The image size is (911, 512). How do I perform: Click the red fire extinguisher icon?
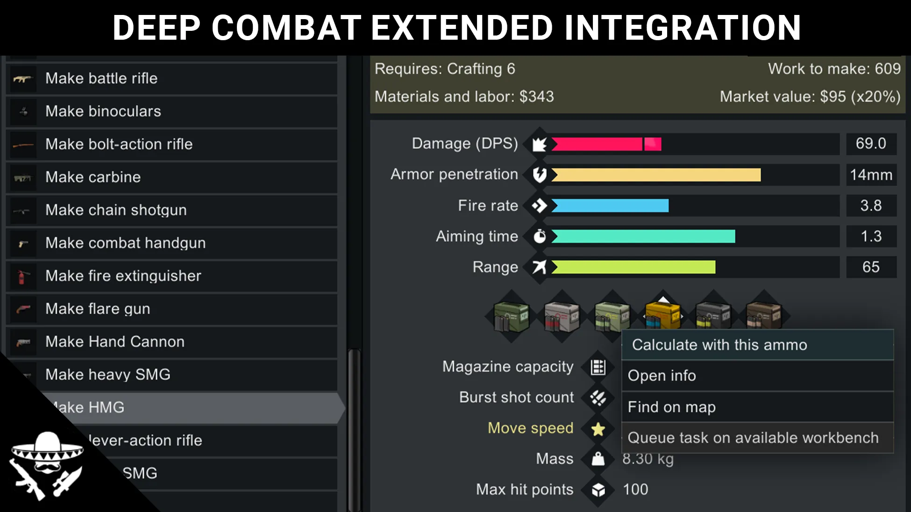pos(22,276)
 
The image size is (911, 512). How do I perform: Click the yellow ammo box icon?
pos(662,315)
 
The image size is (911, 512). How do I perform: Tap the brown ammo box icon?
pos(763,315)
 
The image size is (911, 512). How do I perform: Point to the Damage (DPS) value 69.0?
pos(871,143)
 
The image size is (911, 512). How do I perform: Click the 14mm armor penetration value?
pos(871,175)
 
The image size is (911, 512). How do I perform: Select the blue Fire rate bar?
pos(610,206)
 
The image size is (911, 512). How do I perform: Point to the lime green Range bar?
pos(633,267)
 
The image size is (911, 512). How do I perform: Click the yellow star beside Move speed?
pos(598,429)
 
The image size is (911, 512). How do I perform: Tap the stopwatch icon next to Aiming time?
pos(540,236)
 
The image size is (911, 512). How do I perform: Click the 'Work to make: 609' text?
pos(834,69)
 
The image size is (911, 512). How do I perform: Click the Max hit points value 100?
pos(635,490)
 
